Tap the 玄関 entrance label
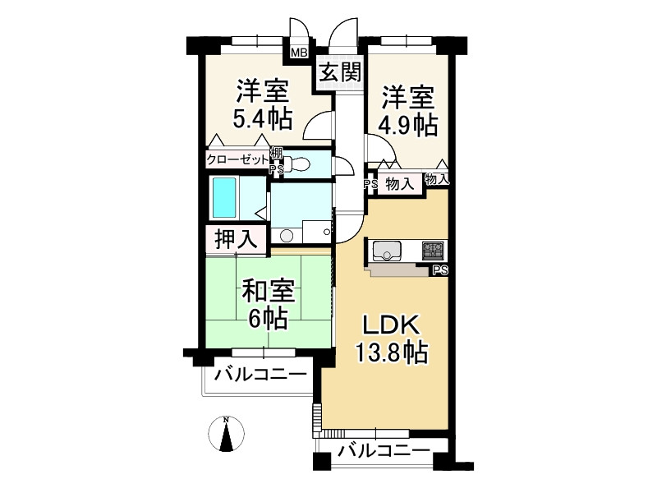[339, 72]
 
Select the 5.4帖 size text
[263, 120]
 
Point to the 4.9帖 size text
[407, 125]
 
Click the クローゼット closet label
[237, 159]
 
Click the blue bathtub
[225, 198]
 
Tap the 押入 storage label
[236, 239]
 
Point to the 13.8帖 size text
[390, 353]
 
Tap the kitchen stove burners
[433, 249]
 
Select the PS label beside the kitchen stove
[440, 270]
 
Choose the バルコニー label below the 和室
[260, 376]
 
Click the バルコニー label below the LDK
[383, 451]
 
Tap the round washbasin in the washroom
[286, 235]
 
